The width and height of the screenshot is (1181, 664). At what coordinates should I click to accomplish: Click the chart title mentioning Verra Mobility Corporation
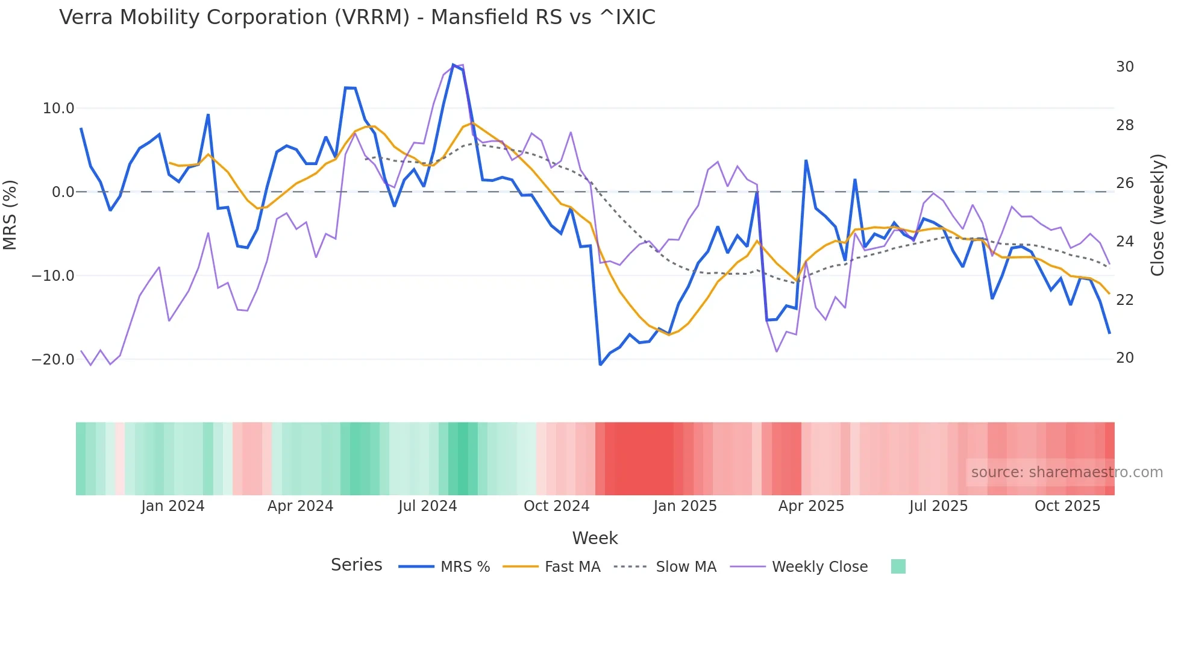pos(357,17)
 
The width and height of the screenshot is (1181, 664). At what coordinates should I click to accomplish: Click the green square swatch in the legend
pos(898,566)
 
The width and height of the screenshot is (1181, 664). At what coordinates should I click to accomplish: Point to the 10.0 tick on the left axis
pos(58,108)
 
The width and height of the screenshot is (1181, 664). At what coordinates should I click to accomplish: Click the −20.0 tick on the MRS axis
pos(53,360)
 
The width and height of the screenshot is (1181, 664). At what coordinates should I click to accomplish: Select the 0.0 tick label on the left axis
pos(63,192)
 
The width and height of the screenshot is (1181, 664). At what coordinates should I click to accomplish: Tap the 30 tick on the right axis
pos(1124,67)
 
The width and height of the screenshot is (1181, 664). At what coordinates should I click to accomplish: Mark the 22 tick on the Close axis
pos(1124,300)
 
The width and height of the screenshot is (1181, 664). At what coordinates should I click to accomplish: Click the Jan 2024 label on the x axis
pos(173,506)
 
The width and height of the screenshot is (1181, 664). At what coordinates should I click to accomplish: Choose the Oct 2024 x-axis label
pos(556,506)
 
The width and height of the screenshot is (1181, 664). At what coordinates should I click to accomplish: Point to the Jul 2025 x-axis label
pos(938,506)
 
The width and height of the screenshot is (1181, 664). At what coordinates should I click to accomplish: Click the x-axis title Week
pos(595,538)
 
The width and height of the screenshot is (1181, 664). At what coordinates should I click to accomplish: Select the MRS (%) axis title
pos(10,215)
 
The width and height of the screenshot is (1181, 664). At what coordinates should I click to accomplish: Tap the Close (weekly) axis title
pos(1157,215)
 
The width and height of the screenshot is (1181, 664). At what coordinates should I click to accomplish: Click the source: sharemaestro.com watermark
pos(1067,472)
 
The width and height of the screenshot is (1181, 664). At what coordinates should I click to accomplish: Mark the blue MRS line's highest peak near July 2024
pos(454,64)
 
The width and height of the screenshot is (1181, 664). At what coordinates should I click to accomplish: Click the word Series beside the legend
pos(356,565)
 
